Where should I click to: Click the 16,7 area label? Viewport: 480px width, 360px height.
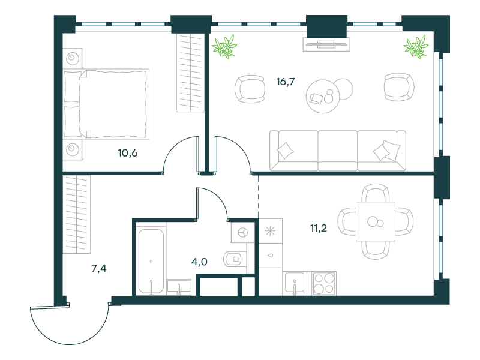(286, 82)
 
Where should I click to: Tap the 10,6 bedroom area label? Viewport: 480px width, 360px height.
(128, 153)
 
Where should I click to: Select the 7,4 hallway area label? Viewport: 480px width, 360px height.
(99, 268)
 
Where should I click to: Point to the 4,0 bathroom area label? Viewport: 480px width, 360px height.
(199, 262)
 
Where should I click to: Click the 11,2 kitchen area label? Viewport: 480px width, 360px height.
(319, 228)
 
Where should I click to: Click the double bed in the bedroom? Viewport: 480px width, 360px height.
(106, 104)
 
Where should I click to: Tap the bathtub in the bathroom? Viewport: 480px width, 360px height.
(151, 261)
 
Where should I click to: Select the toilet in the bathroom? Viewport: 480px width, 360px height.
(235, 259)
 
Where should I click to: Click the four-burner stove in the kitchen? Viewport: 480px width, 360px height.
(324, 283)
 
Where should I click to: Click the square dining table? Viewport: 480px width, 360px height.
(376, 221)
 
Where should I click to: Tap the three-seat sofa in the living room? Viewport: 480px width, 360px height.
(338, 151)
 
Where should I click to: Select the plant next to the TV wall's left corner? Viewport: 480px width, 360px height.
(224, 47)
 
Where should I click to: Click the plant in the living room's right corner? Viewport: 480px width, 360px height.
(416, 47)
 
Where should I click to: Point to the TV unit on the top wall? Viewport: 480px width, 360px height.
(326, 44)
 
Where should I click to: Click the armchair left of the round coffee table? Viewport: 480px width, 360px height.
(250, 89)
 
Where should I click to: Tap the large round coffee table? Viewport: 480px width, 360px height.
(323, 97)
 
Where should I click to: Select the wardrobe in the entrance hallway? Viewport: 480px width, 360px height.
(77, 214)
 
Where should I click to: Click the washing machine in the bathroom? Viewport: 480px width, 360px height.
(243, 233)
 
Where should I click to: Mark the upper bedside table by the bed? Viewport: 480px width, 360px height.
(73, 58)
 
